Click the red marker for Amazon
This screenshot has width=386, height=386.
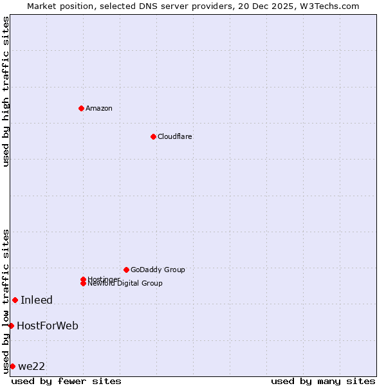click(81, 108)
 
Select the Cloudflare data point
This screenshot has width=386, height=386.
click(153, 136)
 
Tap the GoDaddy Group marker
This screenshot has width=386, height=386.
click(126, 270)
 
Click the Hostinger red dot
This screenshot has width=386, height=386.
click(83, 279)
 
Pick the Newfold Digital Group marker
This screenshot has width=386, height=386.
click(83, 283)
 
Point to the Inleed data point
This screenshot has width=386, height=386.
click(15, 300)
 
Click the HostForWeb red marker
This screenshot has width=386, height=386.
click(11, 326)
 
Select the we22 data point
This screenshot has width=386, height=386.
click(12, 366)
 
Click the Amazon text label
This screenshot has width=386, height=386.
click(99, 108)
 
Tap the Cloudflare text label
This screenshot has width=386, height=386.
click(175, 136)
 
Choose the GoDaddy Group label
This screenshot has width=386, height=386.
click(158, 270)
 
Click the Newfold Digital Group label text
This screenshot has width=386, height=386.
click(125, 284)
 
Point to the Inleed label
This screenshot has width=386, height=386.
click(37, 300)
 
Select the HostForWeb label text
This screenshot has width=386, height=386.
click(48, 326)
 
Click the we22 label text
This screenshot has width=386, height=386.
click(32, 366)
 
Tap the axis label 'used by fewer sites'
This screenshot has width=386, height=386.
click(66, 381)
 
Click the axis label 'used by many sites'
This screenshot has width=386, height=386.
click(323, 381)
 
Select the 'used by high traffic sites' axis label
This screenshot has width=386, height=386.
click(6, 91)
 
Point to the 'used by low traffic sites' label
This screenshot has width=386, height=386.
click(6, 300)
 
